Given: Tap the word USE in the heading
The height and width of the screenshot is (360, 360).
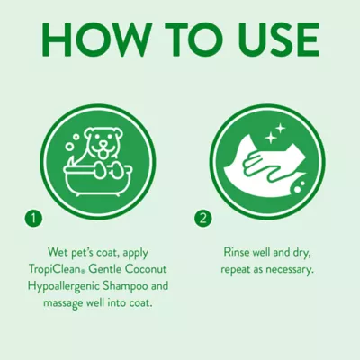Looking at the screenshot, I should (269, 40).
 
